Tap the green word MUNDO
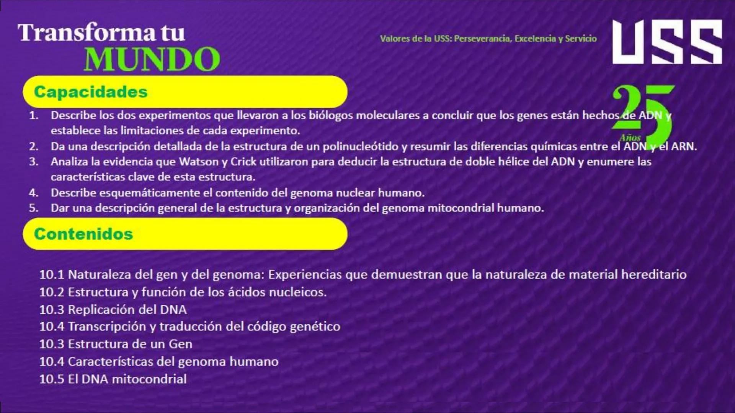click(x=152, y=59)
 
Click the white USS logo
click(x=667, y=42)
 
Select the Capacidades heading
click(x=91, y=92)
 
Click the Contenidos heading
click(x=83, y=234)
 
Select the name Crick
click(x=243, y=162)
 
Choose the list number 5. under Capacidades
click(x=34, y=208)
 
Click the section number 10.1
click(x=52, y=275)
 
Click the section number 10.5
click(x=52, y=379)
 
